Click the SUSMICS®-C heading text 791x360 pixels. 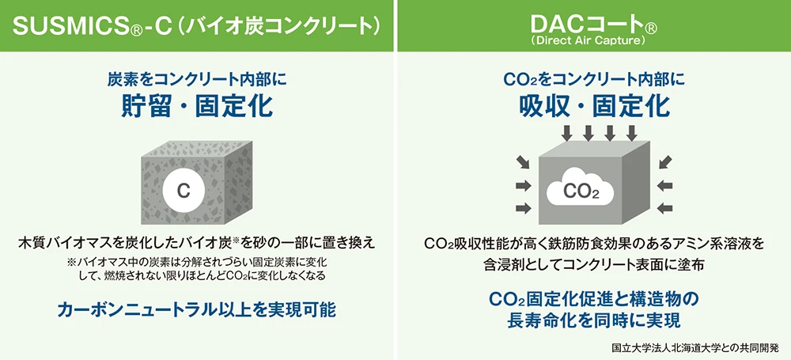pyautogui.click(x=91, y=26)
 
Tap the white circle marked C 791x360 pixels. pyautogui.click(x=184, y=191)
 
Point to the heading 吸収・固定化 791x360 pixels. pyautogui.click(x=594, y=105)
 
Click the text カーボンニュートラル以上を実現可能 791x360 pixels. pyautogui.click(x=197, y=310)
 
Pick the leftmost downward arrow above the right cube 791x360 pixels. pyautogui.click(x=567, y=132)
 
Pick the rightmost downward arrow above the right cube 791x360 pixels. pyautogui.click(x=631, y=132)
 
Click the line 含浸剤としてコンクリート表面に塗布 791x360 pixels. pyautogui.click(x=594, y=265)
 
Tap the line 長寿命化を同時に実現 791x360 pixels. pyautogui.click(x=594, y=321)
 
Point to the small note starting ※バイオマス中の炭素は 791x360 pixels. pyautogui.click(x=198, y=262)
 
